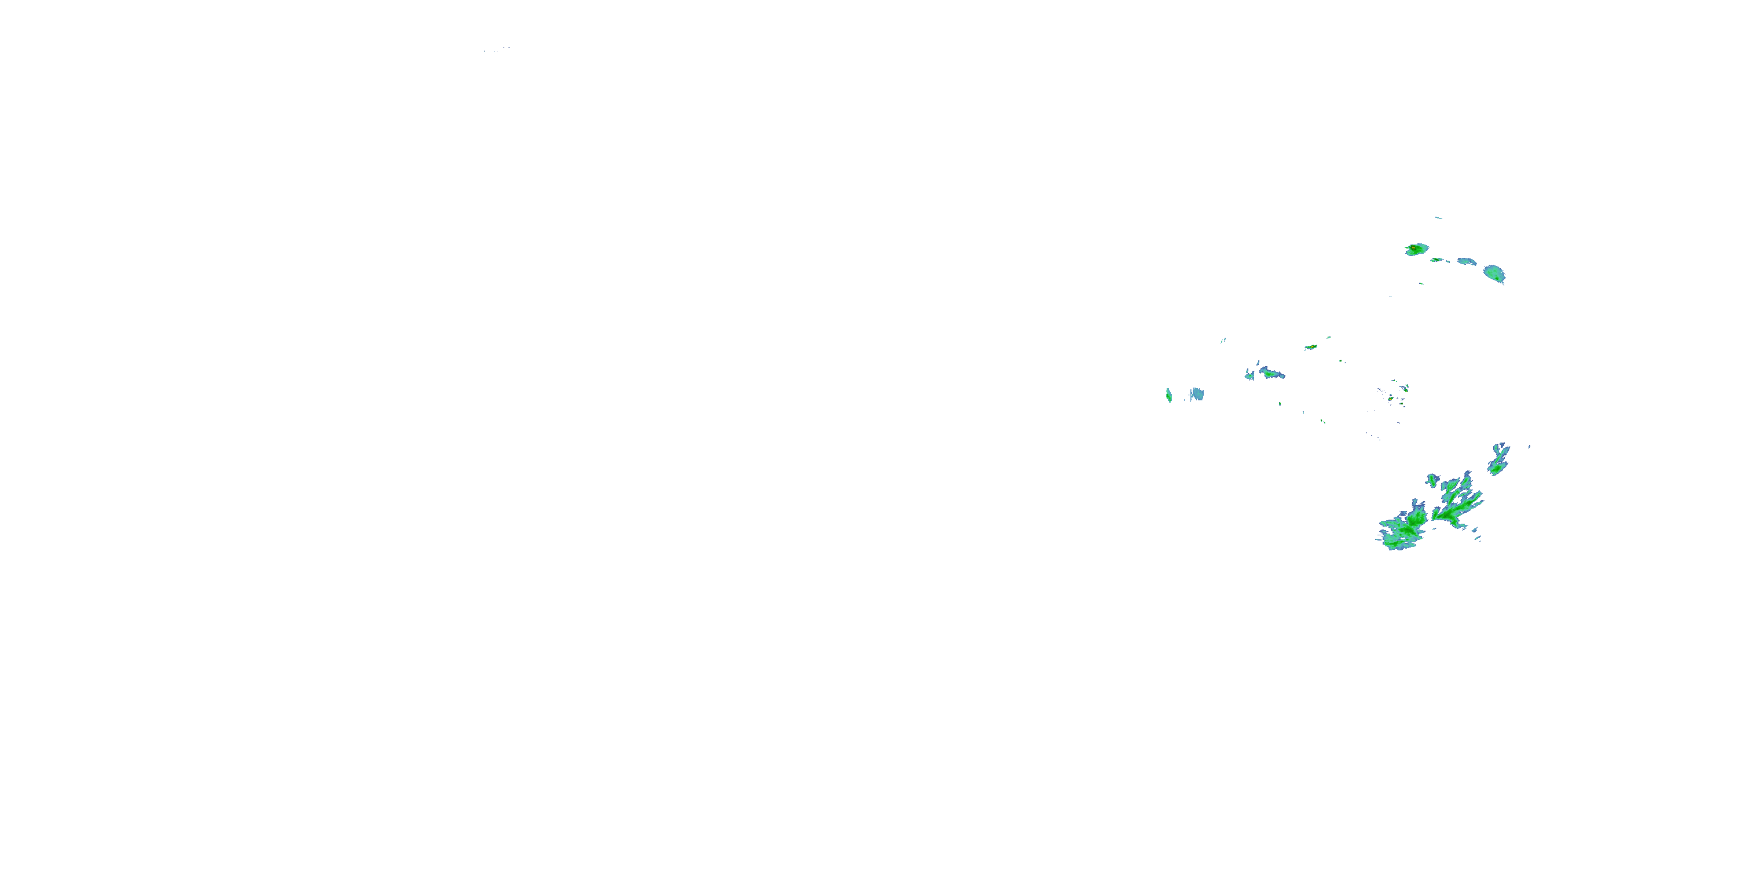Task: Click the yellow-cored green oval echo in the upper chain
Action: click(1417, 250)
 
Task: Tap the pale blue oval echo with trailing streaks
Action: click(1494, 273)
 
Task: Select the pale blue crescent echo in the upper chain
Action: click(1466, 261)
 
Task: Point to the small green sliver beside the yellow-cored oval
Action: click(1437, 260)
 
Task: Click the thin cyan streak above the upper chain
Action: click(1438, 218)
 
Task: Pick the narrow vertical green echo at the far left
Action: click(1168, 395)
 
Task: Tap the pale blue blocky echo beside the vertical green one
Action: click(1197, 394)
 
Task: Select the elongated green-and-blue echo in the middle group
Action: click(1271, 373)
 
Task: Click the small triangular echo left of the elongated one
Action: click(1249, 376)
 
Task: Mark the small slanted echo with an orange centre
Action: click(1311, 348)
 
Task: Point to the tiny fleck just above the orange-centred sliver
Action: click(1329, 337)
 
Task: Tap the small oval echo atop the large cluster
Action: click(1432, 480)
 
